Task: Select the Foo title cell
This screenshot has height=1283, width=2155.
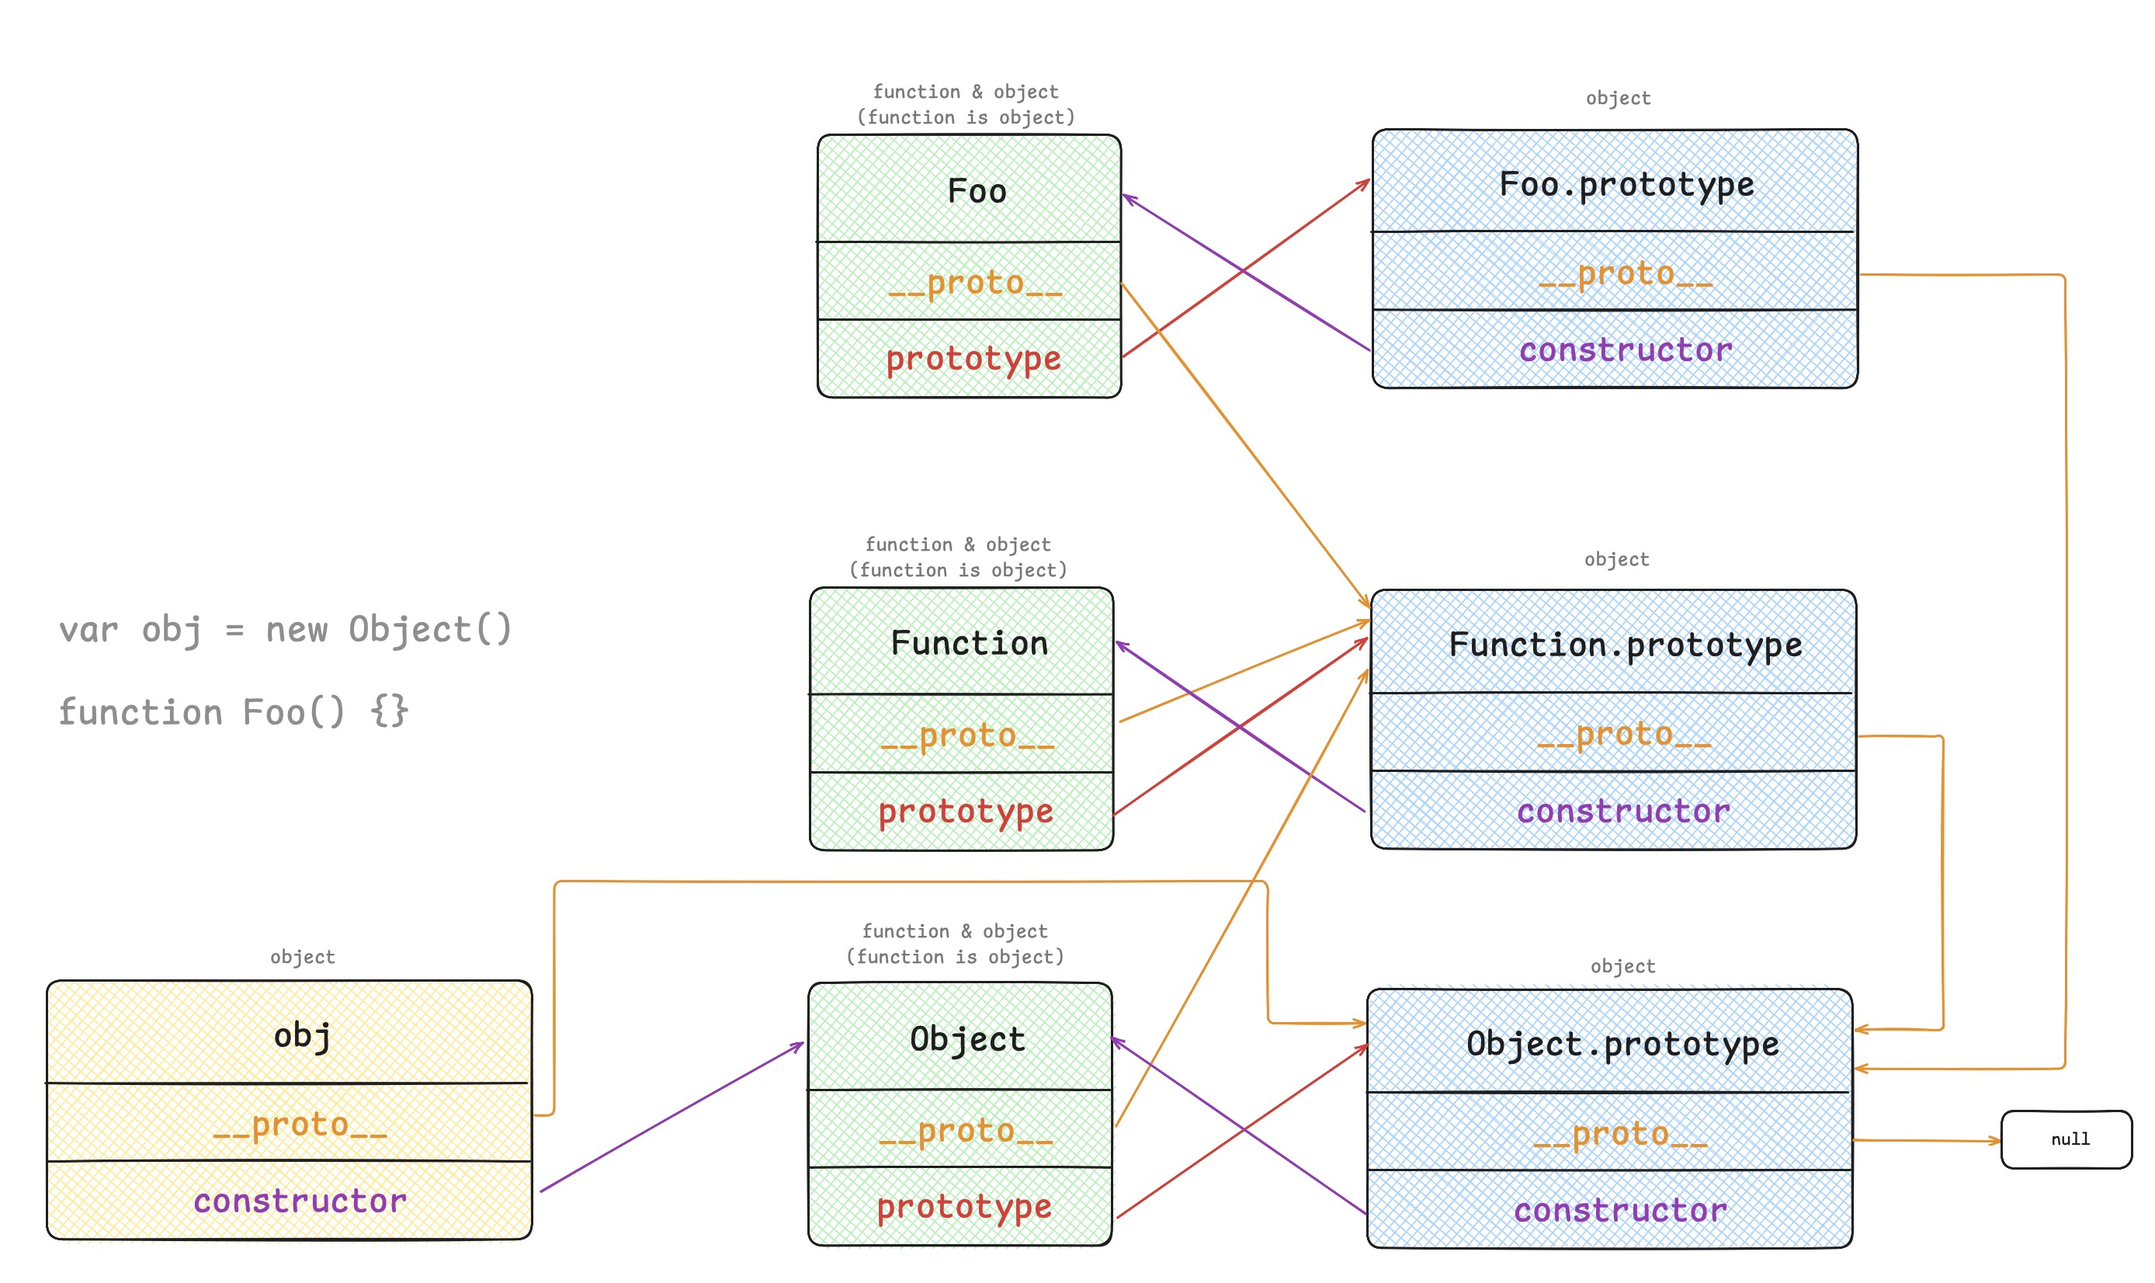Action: click(977, 191)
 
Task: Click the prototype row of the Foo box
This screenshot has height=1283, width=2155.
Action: click(973, 358)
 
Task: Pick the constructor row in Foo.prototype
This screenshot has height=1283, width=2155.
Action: click(1625, 349)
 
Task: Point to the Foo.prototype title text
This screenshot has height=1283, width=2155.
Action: click(1626, 184)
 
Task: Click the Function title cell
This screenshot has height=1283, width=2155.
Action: click(969, 643)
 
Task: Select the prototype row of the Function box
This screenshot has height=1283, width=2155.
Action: click(965, 811)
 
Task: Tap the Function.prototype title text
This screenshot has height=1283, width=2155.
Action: click(1625, 645)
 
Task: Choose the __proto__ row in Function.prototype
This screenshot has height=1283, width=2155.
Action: click(1622, 734)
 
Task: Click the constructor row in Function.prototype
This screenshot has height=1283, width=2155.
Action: click(1622, 811)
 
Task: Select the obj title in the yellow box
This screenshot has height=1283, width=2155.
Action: click(301, 1035)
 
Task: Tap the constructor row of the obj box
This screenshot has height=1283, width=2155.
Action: click(299, 1201)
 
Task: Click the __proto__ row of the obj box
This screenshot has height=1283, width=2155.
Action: click(299, 1124)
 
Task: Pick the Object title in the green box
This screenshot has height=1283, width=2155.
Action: click(967, 1038)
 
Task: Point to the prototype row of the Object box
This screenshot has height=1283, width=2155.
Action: click(963, 1206)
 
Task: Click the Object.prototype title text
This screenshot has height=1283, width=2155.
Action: click(1622, 1045)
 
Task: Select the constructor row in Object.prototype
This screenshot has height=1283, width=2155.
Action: click(1619, 1210)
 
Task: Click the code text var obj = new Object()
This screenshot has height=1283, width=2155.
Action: click(285, 629)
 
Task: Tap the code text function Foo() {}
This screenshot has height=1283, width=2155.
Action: click(234, 712)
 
